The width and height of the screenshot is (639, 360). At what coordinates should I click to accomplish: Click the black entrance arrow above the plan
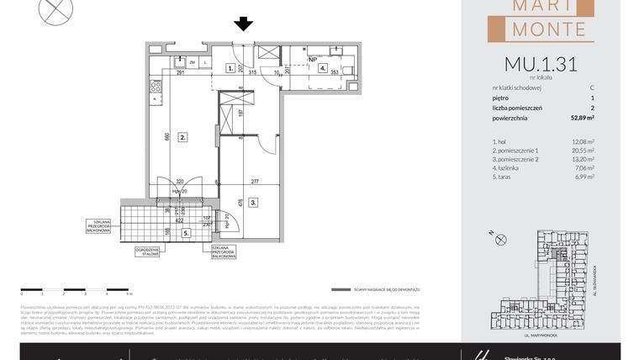click(244, 24)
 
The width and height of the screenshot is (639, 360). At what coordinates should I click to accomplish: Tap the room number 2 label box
click(182, 136)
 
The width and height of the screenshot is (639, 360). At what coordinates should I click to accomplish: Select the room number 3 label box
click(252, 202)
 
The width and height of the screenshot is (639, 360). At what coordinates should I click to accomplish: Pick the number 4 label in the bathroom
click(322, 68)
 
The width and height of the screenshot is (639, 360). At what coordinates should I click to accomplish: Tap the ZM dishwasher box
click(193, 62)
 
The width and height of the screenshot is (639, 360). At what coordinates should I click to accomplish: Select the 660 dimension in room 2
click(167, 136)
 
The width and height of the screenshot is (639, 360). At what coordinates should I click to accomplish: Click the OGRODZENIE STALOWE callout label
click(148, 251)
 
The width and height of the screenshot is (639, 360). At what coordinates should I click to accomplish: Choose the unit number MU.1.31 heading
click(541, 65)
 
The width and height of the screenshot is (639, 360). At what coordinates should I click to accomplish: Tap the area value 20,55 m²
click(582, 151)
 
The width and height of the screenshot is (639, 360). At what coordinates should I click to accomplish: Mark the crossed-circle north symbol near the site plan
click(502, 240)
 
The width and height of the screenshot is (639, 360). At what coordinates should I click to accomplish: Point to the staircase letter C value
click(592, 87)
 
